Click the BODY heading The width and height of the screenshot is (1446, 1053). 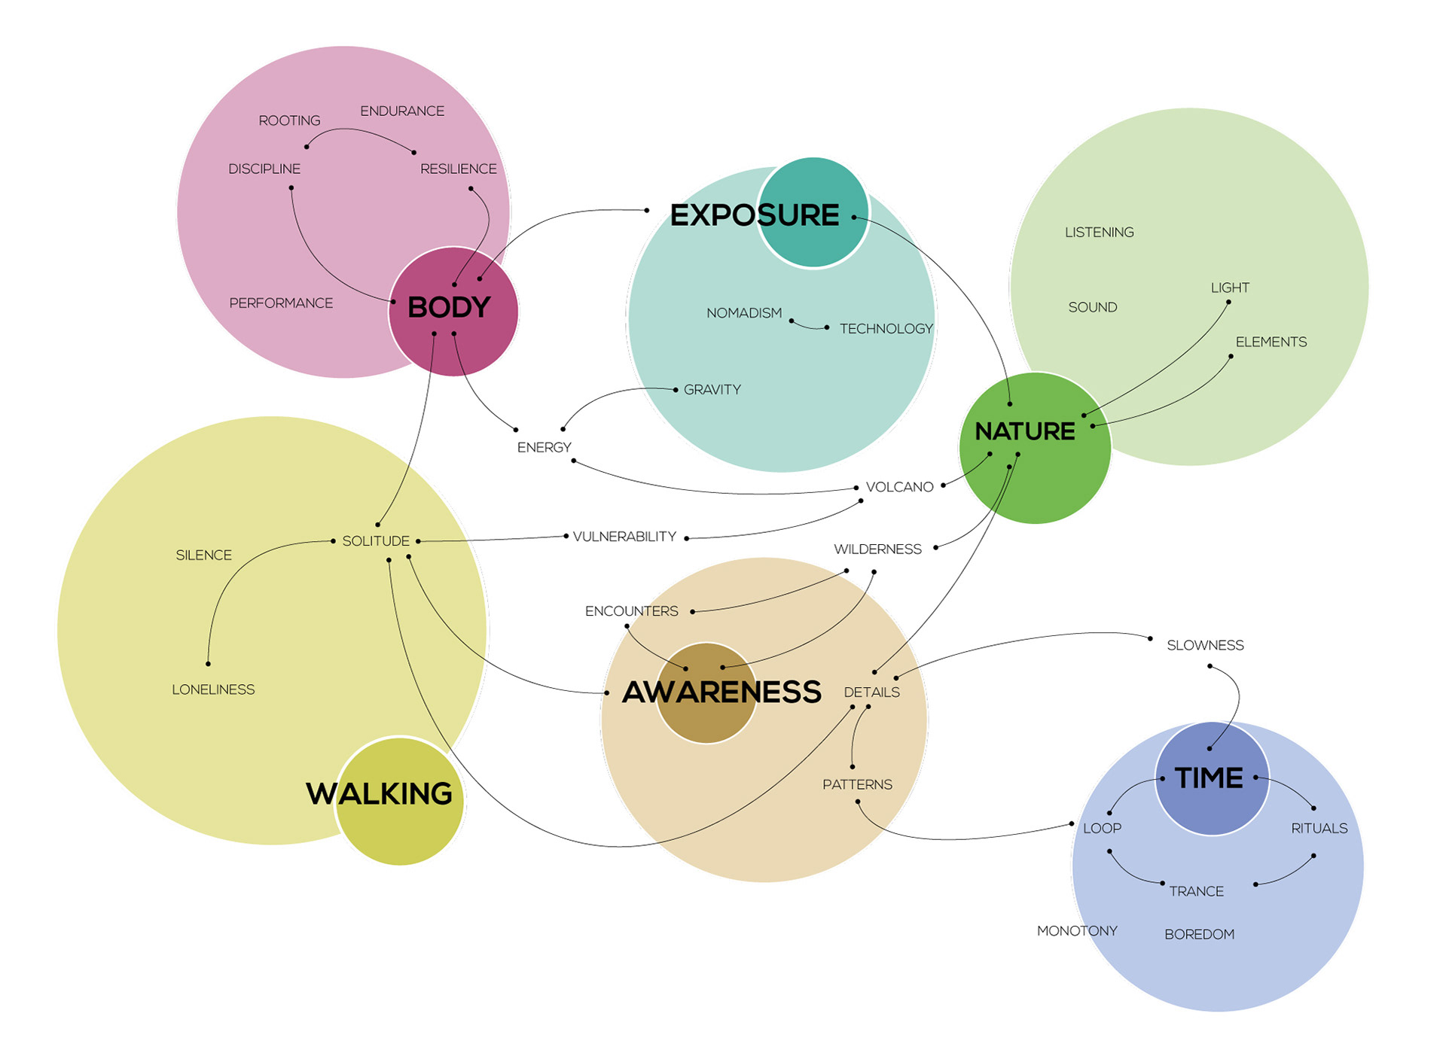tap(449, 307)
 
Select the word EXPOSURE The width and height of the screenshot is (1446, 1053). tap(754, 215)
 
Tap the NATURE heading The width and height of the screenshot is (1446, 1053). tap(1024, 431)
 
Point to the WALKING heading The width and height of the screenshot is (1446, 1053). tap(379, 793)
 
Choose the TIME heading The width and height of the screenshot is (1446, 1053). tap(1209, 778)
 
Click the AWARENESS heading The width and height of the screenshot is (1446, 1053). tap(721, 692)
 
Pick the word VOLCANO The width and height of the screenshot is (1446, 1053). tap(899, 487)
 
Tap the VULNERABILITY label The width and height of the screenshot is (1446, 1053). tap(624, 537)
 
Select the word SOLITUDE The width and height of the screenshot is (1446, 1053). tap(376, 541)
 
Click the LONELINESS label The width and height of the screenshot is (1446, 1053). tap(213, 689)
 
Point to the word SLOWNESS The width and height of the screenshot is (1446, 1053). tap(1205, 645)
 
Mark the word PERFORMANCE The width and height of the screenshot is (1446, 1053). tap(281, 303)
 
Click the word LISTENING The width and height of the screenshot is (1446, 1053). tap(1099, 233)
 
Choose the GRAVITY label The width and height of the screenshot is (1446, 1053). tap(712, 390)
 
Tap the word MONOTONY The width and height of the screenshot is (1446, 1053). tap(1077, 931)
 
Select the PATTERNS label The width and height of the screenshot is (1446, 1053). tap(857, 784)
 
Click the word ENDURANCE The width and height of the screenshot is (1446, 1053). tap(402, 111)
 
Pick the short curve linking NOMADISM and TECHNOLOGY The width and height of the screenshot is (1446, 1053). tap(807, 327)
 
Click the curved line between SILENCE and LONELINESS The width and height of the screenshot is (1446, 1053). tap(226, 587)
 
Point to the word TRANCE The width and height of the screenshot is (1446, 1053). tap(1196, 891)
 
